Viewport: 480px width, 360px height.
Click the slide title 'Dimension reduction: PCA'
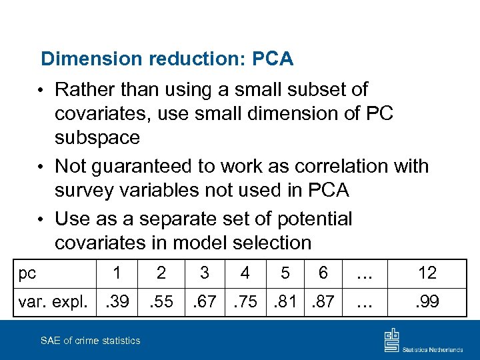(x=167, y=59)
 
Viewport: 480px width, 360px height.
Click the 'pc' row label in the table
(x=27, y=273)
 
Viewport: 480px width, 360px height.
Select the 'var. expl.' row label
(x=53, y=301)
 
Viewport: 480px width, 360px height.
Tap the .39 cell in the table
(x=117, y=301)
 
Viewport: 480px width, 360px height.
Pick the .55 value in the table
(x=161, y=301)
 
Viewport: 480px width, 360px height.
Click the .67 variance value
(x=205, y=301)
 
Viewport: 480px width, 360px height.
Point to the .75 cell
(x=245, y=301)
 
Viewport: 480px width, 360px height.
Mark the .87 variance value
(x=323, y=301)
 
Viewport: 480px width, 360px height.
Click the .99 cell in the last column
(x=427, y=301)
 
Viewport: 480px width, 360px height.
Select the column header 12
(x=427, y=273)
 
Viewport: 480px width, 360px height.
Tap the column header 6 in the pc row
(x=323, y=273)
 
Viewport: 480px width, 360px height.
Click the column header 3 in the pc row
(x=205, y=273)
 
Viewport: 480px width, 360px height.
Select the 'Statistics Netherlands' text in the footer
(x=434, y=348)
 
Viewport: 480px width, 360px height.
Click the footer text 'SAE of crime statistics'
(x=91, y=341)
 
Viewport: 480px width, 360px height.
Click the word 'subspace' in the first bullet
(x=97, y=138)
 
